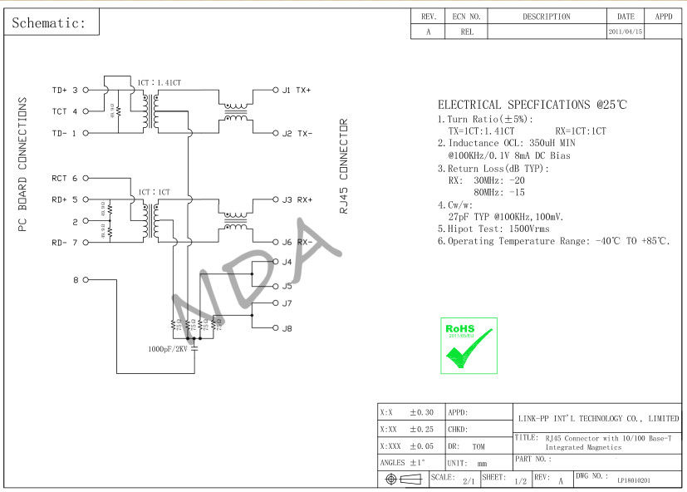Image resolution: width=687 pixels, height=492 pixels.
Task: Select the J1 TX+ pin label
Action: point(297,90)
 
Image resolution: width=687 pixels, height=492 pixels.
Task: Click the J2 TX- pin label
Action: point(297,133)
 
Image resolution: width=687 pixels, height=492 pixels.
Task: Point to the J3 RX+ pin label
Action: point(297,199)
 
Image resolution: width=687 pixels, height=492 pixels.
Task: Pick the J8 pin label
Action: point(287,328)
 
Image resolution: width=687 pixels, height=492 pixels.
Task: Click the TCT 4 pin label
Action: point(65,111)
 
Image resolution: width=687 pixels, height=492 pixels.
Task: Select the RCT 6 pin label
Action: point(65,178)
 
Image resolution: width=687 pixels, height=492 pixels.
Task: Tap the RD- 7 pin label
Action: point(65,243)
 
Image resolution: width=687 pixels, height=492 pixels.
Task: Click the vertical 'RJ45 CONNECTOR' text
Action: point(343,167)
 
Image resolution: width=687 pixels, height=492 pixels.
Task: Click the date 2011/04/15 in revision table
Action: point(626,32)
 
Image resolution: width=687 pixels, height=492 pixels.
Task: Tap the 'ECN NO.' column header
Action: point(466,17)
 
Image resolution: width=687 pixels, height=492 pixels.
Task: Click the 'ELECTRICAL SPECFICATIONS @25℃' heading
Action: point(532,106)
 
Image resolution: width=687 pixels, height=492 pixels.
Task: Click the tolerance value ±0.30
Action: point(422,412)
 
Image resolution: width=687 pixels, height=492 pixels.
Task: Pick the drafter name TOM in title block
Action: point(478,446)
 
